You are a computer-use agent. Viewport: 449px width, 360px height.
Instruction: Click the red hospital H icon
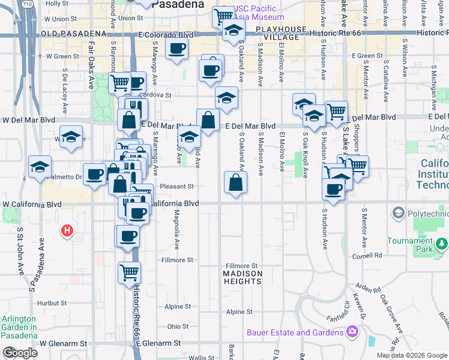coord(68,230)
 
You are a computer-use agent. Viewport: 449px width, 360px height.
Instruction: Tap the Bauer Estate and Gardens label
coord(295,332)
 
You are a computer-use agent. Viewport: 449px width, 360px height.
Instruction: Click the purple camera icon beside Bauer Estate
coord(352,331)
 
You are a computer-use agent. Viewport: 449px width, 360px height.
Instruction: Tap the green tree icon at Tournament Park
coord(442,243)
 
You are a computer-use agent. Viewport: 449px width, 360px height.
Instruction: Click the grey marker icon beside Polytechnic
coord(397,213)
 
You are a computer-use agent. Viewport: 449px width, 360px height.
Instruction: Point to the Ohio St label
coord(178,326)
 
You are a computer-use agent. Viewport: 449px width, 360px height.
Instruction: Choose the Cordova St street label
coord(155,95)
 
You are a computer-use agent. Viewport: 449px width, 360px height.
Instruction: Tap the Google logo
coord(20,353)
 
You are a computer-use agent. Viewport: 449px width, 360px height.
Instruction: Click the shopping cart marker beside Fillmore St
coord(129,272)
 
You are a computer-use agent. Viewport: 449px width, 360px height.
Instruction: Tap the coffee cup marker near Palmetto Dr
coord(94,175)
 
